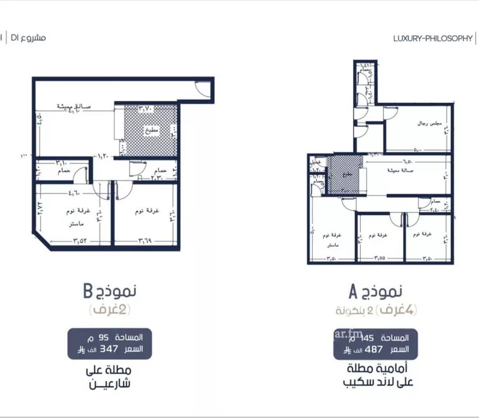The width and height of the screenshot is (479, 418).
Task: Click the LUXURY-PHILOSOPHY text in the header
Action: coord(432,39)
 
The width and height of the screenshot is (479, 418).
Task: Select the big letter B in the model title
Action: coord(88,293)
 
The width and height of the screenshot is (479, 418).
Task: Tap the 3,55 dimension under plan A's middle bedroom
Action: coord(376,258)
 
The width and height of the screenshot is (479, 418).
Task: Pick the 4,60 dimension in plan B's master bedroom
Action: coord(61,191)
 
